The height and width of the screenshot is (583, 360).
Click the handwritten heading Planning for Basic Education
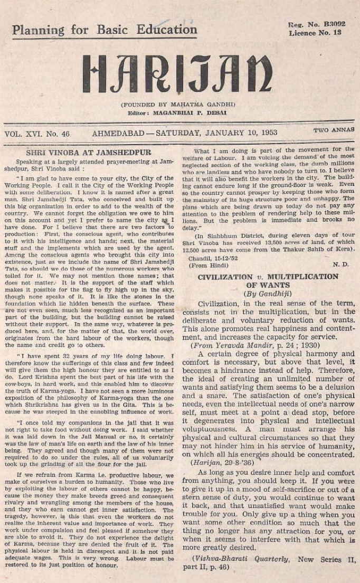[105, 30]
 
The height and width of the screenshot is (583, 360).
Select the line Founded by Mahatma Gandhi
[177, 105]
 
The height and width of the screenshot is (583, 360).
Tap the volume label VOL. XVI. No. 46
[37, 134]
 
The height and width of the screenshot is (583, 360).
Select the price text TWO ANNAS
[334, 130]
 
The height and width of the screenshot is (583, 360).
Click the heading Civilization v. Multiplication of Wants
[268, 281]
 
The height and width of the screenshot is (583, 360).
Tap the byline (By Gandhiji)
[268, 294]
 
